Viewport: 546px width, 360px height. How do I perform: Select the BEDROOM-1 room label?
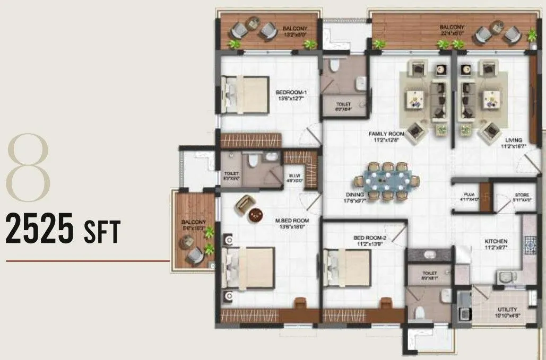tap(291, 94)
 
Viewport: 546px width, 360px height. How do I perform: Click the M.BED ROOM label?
tap(292, 223)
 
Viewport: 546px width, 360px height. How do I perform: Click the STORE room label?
tap(521, 197)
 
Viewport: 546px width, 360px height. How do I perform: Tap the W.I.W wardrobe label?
tap(294, 177)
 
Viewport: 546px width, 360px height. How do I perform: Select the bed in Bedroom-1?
tap(245, 94)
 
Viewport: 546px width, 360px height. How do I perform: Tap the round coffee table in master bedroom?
tap(256, 214)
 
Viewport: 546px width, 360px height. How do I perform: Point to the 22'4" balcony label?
tap(452, 30)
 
